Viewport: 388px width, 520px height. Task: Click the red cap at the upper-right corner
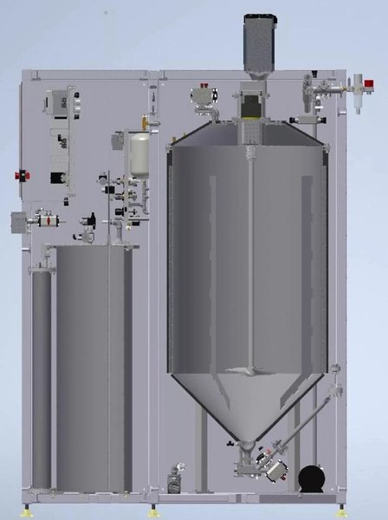click(x=370, y=85)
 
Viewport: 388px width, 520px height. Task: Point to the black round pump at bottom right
click(x=309, y=478)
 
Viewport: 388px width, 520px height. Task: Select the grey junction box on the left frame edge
click(x=18, y=221)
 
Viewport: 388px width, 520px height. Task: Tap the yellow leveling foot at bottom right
click(x=344, y=505)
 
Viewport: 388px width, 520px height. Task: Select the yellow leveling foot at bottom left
click(x=34, y=505)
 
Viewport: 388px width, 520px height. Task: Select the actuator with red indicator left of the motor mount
click(x=204, y=94)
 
